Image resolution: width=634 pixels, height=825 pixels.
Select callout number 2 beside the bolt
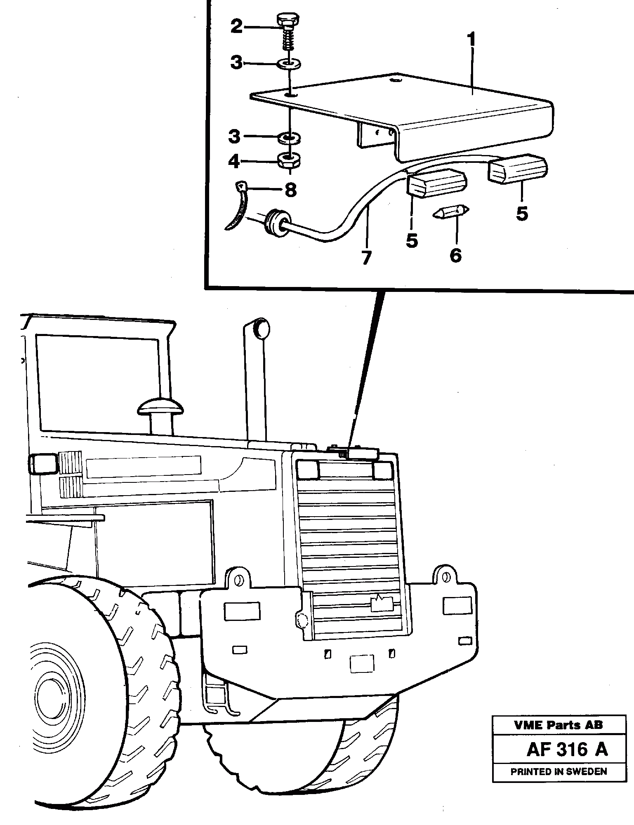coord(237,27)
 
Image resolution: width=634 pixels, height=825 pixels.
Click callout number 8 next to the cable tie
coord(290,190)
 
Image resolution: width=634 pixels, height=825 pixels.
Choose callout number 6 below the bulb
coord(455,255)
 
